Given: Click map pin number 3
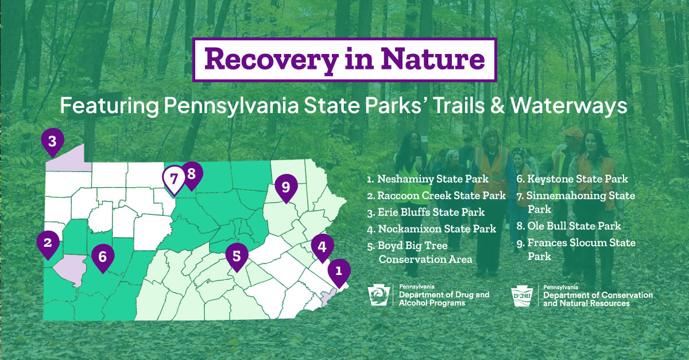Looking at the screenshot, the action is tap(53, 142).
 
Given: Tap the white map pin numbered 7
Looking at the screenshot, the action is tap(174, 180).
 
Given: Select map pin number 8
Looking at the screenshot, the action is tap(191, 175).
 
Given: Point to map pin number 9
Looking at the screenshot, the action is tap(286, 187).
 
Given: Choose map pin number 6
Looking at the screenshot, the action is tap(103, 257).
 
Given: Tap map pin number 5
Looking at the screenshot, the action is tap(237, 256).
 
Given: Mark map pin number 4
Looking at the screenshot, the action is tap(322, 247).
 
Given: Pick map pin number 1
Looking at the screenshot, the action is tap(339, 272).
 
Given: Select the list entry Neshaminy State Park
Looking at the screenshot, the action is tap(428, 179).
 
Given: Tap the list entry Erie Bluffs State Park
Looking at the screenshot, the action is tap(425, 212).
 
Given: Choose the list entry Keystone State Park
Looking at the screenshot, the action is tap(572, 179).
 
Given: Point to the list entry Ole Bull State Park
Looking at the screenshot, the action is tap(568, 226).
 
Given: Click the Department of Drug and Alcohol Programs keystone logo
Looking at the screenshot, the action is tap(379, 295).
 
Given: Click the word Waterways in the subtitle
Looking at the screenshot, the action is tap(569, 106).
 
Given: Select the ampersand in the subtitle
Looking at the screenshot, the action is tap(497, 106).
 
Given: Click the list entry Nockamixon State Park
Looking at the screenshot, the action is tap(432, 229).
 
